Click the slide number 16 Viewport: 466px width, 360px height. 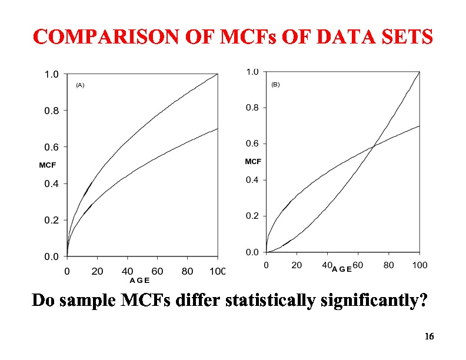pyautogui.click(x=429, y=336)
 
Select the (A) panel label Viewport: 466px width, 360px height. pyautogui.click(x=81, y=85)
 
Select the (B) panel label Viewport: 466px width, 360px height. pyautogui.click(x=275, y=85)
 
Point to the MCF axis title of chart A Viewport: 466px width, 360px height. pyautogui.click(x=48, y=165)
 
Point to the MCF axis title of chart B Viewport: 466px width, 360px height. pyautogui.click(x=253, y=161)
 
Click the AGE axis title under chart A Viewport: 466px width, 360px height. pyautogui.click(x=139, y=281)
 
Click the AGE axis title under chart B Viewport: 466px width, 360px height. pyautogui.click(x=342, y=269)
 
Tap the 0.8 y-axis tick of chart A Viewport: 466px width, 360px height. pyautogui.click(x=52, y=111)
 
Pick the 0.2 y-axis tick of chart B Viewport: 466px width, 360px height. pyautogui.click(x=252, y=216)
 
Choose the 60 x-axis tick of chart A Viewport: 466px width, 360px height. pyautogui.click(x=157, y=271)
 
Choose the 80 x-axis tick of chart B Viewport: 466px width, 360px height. pyautogui.click(x=388, y=265)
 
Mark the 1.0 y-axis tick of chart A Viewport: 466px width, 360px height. pyautogui.click(x=52, y=74)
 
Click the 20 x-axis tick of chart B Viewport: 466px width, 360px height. pyautogui.click(x=297, y=265)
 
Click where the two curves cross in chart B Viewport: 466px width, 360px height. pyautogui.click(x=374, y=147)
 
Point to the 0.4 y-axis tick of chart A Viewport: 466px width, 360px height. pyautogui.click(x=52, y=184)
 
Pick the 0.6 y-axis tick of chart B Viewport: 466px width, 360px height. pyautogui.click(x=252, y=144)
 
